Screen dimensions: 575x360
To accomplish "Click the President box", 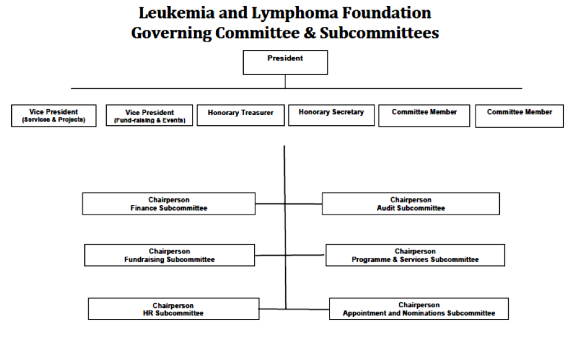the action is (x=285, y=63).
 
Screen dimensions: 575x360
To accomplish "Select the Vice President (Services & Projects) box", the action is (x=54, y=116).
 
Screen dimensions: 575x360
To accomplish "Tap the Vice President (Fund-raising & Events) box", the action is (x=149, y=116).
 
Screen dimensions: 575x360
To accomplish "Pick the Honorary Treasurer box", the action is (x=240, y=116).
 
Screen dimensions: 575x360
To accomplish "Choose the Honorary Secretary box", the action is (x=331, y=116).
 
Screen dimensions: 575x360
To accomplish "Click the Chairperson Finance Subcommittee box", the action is (x=168, y=204).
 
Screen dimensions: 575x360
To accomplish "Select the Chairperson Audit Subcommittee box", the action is (x=410, y=204).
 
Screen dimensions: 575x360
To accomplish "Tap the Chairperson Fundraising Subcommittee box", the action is (x=170, y=255).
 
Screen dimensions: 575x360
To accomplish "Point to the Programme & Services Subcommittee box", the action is (x=415, y=255).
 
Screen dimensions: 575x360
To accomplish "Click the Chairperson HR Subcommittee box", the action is (x=174, y=309).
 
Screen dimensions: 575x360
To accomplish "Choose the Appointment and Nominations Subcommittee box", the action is (x=419, y=309).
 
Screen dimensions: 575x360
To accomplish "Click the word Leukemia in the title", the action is (x=176, y=13).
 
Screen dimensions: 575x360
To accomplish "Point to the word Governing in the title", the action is (x=171, y=34).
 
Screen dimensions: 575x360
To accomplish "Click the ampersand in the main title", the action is (x=309, y=33).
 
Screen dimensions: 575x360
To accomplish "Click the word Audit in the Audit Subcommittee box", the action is (x=386, y=208).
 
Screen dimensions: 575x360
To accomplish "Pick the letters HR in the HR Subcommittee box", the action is (x=148, y=313).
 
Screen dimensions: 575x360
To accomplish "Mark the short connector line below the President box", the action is (x=285, y=81).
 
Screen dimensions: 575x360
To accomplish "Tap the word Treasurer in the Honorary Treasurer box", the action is (x=257, y=113).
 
